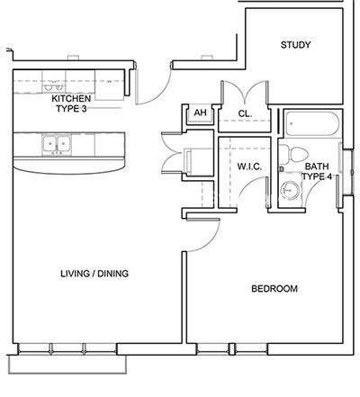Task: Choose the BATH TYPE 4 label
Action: pos(317,172)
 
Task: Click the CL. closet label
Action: pos(244,113)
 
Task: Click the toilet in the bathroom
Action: pos(289,155)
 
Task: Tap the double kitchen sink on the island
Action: pos(56,143)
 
